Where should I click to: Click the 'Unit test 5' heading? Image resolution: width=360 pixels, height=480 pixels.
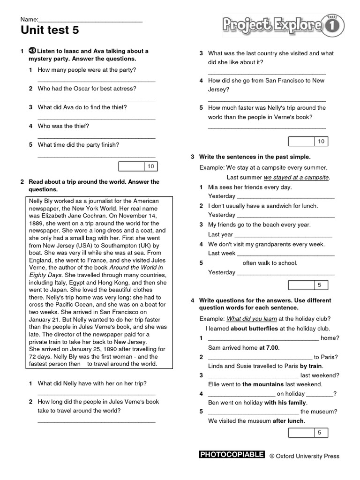(50, 31)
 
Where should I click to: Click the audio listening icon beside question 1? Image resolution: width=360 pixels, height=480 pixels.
(32, 51)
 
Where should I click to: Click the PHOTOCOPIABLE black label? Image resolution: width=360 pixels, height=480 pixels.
(232, 455)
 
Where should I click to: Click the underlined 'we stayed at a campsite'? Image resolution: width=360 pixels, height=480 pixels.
(296, 177)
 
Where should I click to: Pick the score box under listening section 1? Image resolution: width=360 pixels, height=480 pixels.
(138, 166)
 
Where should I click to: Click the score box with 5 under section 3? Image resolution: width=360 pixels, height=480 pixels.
(308, 285)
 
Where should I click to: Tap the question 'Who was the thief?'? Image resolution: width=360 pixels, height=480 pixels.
(63, 126)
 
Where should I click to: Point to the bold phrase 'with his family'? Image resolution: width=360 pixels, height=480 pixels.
(285, 402)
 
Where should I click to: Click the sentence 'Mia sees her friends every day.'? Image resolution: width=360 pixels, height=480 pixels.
(250, 187)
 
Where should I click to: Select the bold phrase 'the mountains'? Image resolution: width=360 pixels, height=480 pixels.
(263, 384)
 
